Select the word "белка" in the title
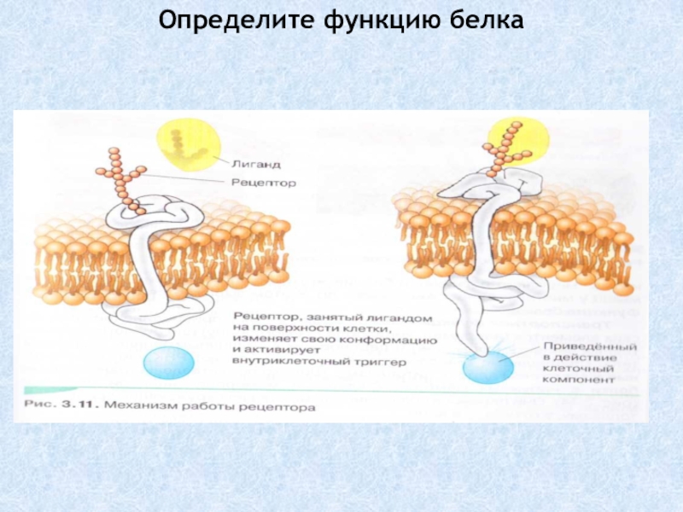coord(479,18)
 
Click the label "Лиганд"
coord(255,162)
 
